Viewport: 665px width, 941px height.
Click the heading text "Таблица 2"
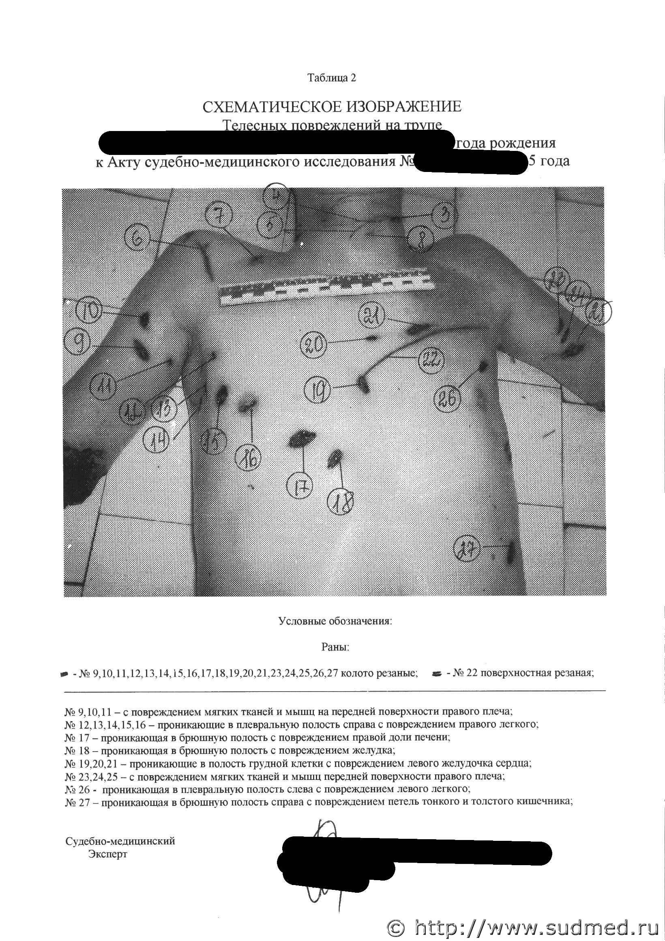click(x=332, y=78)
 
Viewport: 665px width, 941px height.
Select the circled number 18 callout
click(x=341, y=503)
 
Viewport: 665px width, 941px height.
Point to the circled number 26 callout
click(x=448, y=399)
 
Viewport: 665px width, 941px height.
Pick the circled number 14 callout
click(x=158, y=440)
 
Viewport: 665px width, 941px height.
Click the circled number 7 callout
click(x=219, y=216)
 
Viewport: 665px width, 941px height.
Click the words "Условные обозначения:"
click(x=335, y=621)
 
